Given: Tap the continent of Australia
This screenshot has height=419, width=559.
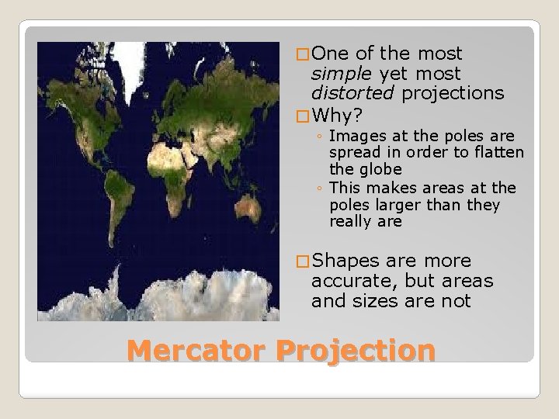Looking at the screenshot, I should click(x=248, y=208).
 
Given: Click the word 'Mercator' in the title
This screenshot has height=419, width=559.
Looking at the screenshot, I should click(x=196, y=350).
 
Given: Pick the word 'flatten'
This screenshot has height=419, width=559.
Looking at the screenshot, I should click(x=497, y=153).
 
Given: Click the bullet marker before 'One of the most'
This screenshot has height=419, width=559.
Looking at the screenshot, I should click(x=303, y=54).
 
